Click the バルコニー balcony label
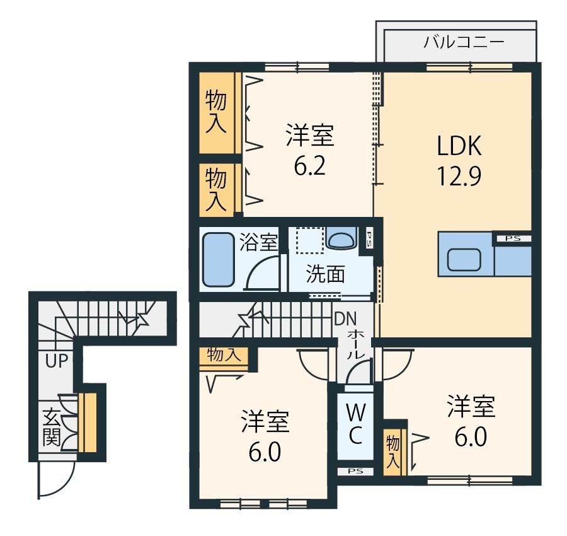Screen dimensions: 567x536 (x=464, y=42)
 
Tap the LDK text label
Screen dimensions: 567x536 (x=459, y=146)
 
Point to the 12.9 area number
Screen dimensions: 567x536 (x=459, y=177)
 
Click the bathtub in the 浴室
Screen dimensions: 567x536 (x=218, y=260)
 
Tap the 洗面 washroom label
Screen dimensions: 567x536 (x=326, y=274)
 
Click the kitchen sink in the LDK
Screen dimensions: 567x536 (x=464, y=260)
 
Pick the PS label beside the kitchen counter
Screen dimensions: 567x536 (x=513, y=238)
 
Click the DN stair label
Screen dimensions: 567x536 (x=345, y=319)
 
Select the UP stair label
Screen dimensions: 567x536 (x=57, y=361)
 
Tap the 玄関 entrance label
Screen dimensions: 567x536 (x=52, y=428)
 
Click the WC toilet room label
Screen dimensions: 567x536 (x=355, y=424)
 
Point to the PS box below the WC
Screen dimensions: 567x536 (x=355, y=471)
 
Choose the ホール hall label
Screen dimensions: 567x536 (x=356, y=344)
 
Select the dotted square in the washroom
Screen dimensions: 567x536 (x=309, y=240)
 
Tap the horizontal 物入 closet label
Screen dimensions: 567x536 (x=224, y=354)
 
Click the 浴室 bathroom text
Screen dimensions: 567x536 (x=258, y=242)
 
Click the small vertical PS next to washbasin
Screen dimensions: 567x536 (x=369, y=239)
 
